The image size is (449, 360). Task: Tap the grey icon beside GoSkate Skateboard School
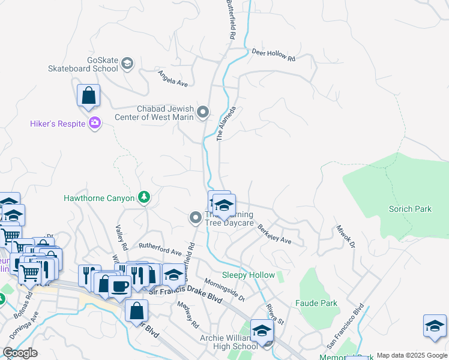pos(127,63)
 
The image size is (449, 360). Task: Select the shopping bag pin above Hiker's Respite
pos(88,96)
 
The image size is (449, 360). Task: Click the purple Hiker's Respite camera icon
pos(95,124)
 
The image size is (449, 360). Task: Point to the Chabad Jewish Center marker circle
pos(203,112)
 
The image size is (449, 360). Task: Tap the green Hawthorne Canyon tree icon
pos(143,197)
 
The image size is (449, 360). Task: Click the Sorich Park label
pos(410,209)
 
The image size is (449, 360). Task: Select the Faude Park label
pos(316,303)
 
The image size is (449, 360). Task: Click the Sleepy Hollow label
pos(248,275)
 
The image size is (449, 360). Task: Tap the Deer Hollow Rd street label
pos(274,55)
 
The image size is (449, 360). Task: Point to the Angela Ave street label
pos(173,77)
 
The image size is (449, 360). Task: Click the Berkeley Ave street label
pos(274,234)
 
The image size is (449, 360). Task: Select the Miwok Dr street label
pos(346,237)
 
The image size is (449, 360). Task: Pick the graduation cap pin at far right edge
pos(435,326)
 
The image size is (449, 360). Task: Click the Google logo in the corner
pos(20,352)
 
